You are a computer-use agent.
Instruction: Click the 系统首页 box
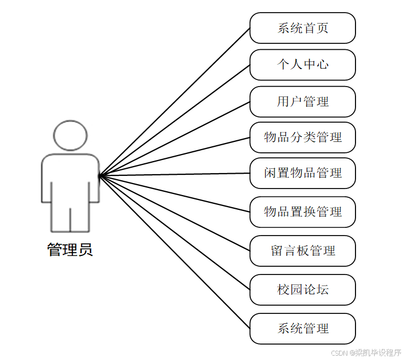(x=302, y=28)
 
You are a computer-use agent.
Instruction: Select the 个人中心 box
(x=302, y=65)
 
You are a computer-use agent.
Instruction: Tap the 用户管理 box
(x=302, y=101)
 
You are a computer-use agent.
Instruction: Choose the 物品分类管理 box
(x=302, y=137)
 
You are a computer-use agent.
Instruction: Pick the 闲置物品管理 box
(x=302, y=173)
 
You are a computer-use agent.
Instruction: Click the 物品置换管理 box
(x=302, y=212)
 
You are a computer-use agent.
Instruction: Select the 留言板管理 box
(x=302, y=251)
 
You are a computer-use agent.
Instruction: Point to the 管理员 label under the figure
(x=70, y=250)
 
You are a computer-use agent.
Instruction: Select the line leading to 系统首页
(x=174, y=102)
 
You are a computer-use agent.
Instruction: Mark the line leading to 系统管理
(x=174, y=252)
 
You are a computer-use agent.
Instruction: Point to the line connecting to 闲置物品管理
(x=174, y=174)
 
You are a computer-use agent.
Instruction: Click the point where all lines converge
(x=99, y=176)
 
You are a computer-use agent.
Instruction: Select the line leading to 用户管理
(x=174, y=139)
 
